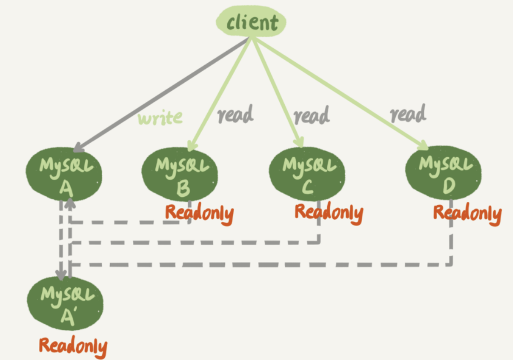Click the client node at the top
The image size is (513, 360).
pos(251,21)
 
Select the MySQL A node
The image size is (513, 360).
pos(64,174)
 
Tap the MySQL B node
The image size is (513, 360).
pos(180,174)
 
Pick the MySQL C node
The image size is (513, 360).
pos(307,174)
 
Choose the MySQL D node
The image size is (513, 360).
pos(444,173)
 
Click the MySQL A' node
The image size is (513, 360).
pos(65,303)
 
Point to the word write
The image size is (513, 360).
pos(160,118)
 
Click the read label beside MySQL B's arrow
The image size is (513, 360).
pos(236,114)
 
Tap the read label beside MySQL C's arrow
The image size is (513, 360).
pos(311,115)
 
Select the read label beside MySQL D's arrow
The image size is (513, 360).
pos(408,113)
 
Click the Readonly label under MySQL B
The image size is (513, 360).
pos(199,213)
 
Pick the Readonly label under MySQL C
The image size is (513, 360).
pos(329,213)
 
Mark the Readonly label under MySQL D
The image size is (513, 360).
pos(467,213)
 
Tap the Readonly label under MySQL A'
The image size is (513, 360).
pos(73,347)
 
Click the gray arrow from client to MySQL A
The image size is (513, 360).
pos(161,95)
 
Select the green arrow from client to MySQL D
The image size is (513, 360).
pos(340,93)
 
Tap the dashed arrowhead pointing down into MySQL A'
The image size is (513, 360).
pos(61,274)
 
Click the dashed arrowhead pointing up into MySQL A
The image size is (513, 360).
pos(70,204)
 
